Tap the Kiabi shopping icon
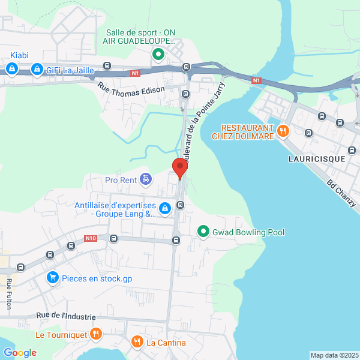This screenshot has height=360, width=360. point(11,70)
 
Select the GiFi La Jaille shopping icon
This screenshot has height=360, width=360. point(37,70)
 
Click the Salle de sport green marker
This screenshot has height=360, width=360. point(158,55)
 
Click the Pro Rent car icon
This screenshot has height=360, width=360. point(145,179)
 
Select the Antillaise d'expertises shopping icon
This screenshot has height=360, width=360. point(165,209)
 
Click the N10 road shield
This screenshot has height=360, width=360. point(91,238)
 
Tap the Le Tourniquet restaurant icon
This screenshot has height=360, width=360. point(95,334)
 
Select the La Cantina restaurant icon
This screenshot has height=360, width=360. point(137,342)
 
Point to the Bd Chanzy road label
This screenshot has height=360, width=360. point(342,194)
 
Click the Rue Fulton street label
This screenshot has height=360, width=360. point(9,294)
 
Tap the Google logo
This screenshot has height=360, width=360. point(20,353)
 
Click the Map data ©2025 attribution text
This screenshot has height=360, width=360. point(334,355)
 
